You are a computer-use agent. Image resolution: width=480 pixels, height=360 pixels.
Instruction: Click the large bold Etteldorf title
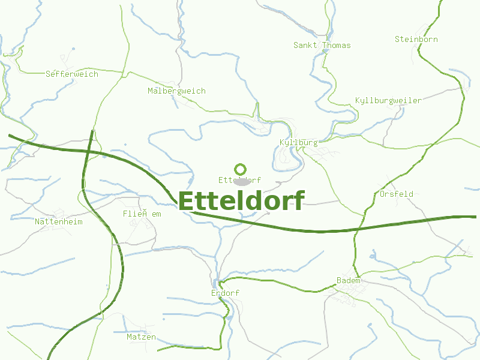pyautogui.click(x=241, y=201)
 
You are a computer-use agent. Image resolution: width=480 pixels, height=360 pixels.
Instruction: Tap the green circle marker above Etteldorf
pyautogui.click(x=241, y=169)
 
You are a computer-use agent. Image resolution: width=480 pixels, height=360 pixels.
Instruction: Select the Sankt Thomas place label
pyautogui.click(x=322, y=45)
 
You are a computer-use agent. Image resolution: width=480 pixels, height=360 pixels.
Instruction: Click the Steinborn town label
pyautogui.click(x=416, y=39)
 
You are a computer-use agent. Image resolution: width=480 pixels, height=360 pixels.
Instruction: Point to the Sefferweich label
pyautogui.click(x=71, y=74)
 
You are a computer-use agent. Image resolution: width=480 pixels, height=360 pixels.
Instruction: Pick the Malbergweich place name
pyautogui.click(x=176, y=91)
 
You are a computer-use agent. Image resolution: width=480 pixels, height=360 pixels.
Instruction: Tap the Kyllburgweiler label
pyautogui.click(x=388, y=100)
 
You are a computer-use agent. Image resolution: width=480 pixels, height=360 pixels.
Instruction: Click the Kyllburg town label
pyautogui.click(x=298, y=142)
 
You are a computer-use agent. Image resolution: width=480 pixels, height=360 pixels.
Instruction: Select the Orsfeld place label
pyautogui.click(x=396, y=194)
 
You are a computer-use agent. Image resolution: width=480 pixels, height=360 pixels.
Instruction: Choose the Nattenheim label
pyautogui.click(x=58, y=221)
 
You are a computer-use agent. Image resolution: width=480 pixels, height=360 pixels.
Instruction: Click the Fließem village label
pyautogui.click(x=142, y=214)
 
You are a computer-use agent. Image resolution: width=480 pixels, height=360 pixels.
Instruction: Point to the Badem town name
pyautogui.click(x=349, y=280)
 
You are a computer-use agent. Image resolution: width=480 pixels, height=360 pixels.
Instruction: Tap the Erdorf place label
pyautogui.click(x=225, y=293)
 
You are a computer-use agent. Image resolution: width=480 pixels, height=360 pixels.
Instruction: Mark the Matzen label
pyautogui.click(x=141, y=337)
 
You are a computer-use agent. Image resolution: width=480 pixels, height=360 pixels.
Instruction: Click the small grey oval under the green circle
pyautogui.click(x=241, y=181)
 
